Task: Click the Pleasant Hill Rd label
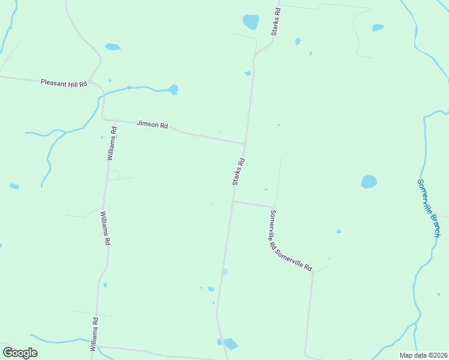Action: pos(64,82)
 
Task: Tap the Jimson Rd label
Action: pos(152,125)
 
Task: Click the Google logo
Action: pos(20,353)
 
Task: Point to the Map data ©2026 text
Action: pos(424,355)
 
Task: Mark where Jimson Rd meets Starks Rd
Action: pos(244,144)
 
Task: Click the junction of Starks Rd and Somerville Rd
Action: pos(233,202)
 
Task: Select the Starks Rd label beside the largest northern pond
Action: pos(276,22)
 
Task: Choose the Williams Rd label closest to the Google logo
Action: pos(94,335)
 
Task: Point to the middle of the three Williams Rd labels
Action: pos(105,228)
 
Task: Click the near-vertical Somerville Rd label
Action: pos(272,230)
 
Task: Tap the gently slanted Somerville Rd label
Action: pos(294,260)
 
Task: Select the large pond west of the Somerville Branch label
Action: pos(369,181)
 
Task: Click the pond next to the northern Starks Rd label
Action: pos(251,22)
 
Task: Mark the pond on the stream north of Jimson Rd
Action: pos(173,89)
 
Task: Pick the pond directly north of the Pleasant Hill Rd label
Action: pos(112,47)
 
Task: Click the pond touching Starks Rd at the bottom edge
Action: pos(229,344)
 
